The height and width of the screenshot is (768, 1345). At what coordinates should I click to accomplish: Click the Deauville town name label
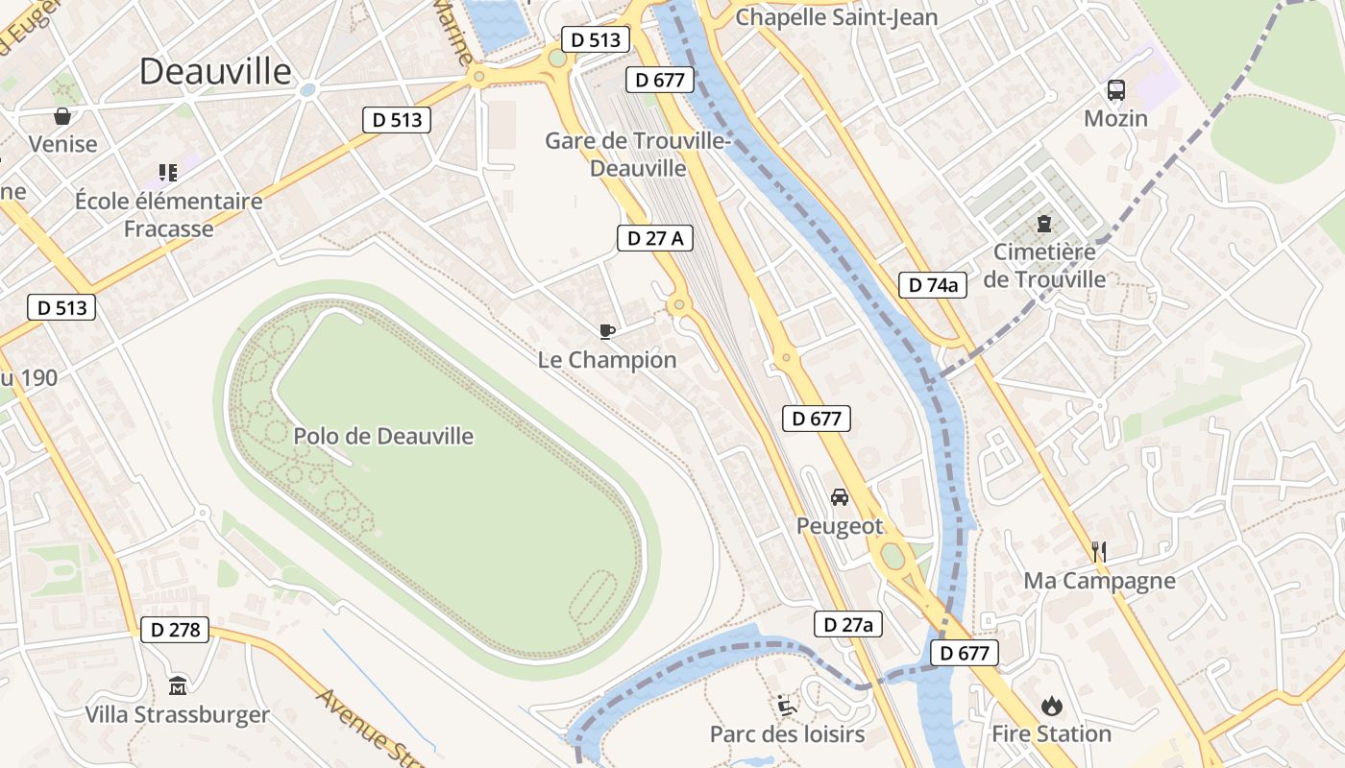(215, 71)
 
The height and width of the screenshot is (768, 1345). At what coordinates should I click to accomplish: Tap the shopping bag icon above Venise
(62, 116)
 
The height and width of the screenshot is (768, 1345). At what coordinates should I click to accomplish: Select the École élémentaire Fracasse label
(169, 215)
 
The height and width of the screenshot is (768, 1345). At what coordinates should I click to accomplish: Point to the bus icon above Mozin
(1115, 90)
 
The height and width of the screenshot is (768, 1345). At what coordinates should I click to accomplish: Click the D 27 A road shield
(655, 238)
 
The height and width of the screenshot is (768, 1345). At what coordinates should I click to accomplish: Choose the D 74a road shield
(933, 284)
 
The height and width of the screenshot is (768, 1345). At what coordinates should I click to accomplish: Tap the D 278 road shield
(175, 630)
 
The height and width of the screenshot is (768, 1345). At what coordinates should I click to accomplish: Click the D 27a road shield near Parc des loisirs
(847, 624)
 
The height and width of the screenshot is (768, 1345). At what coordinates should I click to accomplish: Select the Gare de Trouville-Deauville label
(638, 155)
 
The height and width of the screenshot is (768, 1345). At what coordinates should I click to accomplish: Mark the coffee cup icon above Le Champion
(606, 331)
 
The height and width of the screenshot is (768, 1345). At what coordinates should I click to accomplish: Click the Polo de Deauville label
(383, 436)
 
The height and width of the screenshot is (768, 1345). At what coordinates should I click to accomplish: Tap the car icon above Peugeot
(839, 497)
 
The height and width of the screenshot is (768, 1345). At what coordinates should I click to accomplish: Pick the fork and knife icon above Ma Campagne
(1099, 551)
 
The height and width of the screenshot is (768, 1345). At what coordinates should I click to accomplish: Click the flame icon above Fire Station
(1051, 706)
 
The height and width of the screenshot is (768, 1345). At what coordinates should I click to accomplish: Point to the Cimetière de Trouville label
(1044, 266)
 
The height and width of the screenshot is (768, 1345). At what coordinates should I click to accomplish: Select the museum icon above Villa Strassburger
(178, 685)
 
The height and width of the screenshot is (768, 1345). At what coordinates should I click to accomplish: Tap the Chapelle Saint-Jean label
(836, 17)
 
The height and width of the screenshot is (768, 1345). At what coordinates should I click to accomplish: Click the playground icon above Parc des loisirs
(787, 706)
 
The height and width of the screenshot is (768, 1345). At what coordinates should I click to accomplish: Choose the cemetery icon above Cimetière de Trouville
(1043, 224)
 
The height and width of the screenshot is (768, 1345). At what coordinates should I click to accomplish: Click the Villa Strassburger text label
(178, 715)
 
